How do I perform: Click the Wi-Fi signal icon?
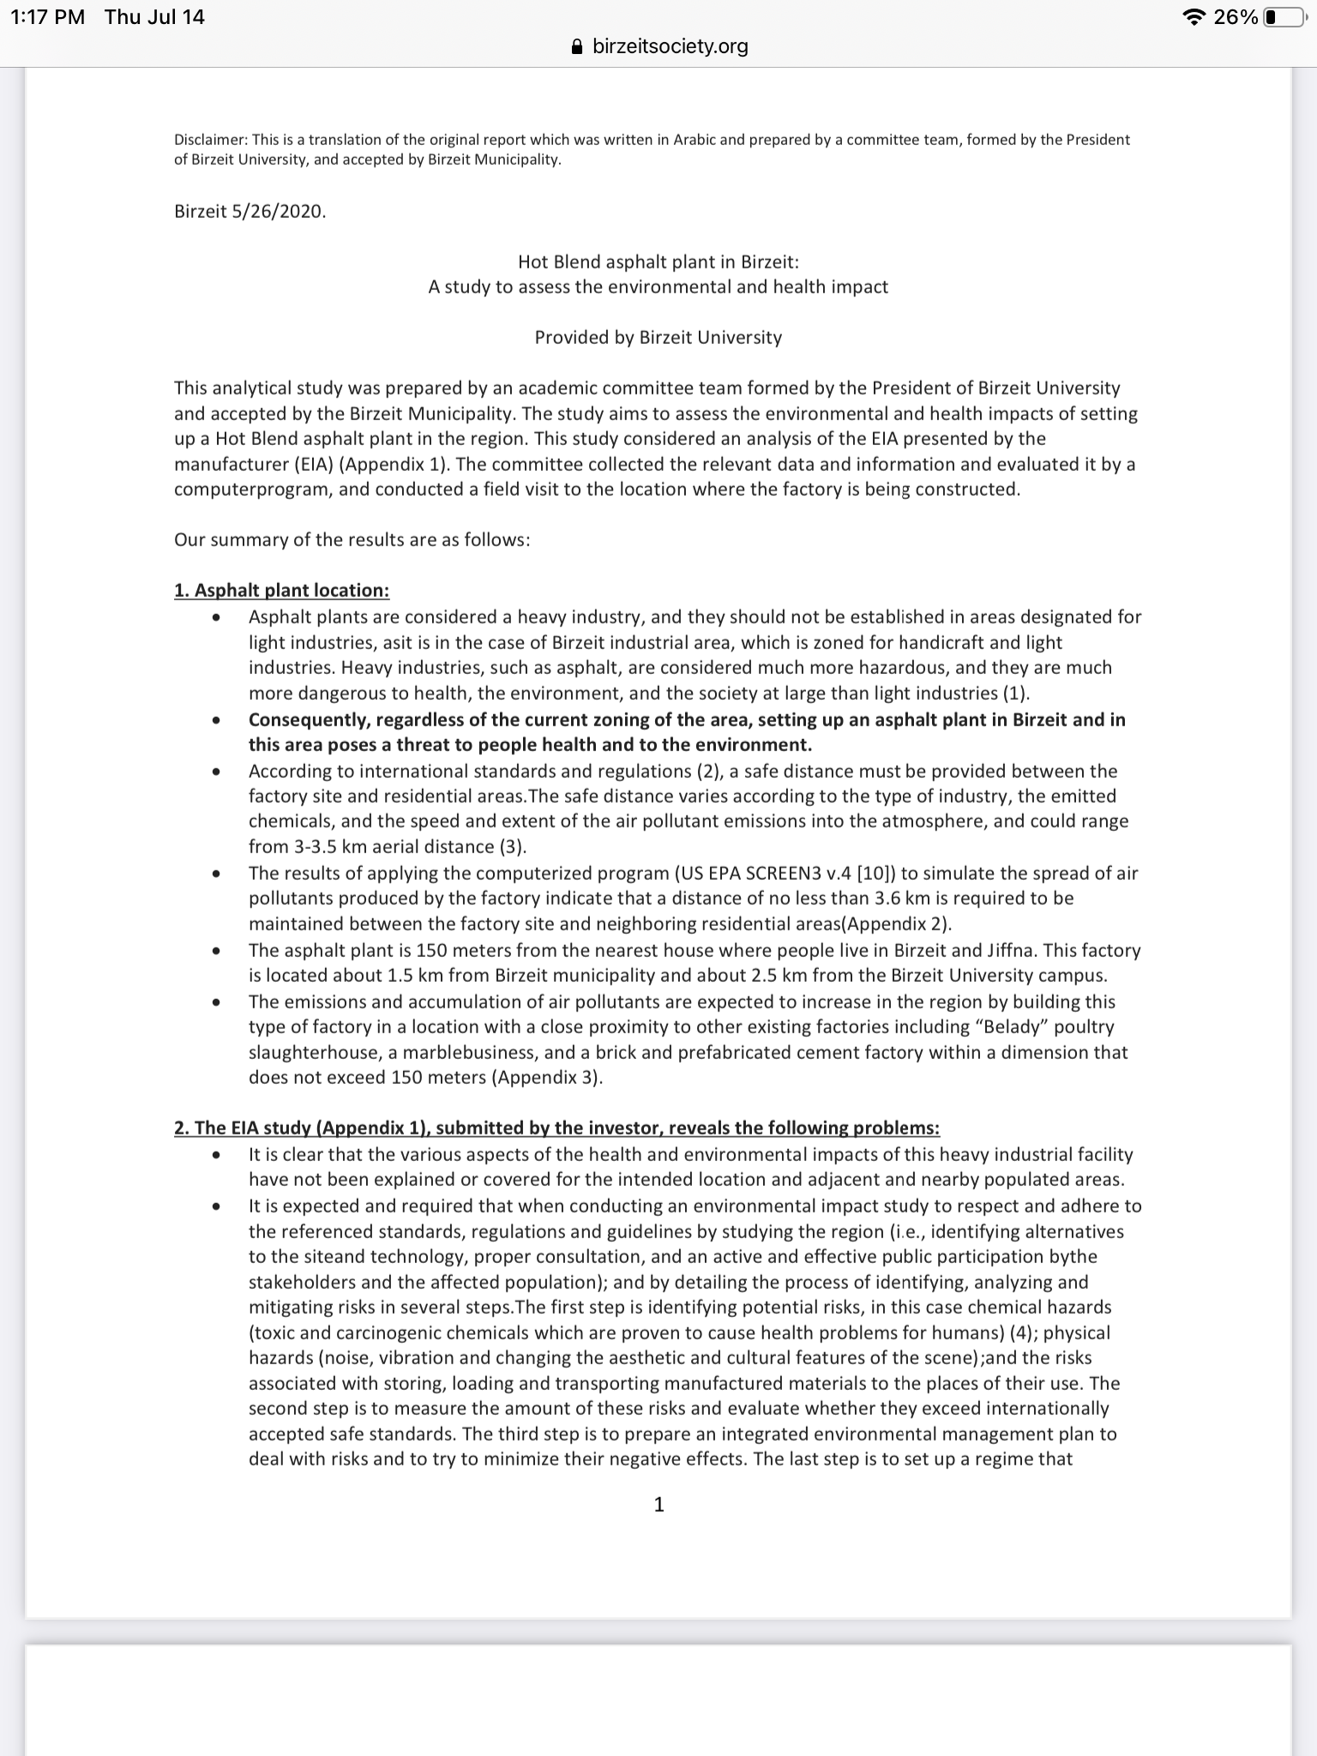pos(1193,17)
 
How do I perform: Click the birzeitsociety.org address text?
pos(670,46)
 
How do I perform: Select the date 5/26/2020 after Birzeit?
pos(279,211)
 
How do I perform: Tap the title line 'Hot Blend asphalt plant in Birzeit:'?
pos(658,262)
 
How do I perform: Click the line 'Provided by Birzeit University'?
pos(658,337)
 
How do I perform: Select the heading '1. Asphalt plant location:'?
pos(281,591)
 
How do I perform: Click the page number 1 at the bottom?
pos(658,1504)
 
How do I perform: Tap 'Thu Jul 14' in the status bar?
pos(154,17)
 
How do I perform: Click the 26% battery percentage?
pos(1236,17)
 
